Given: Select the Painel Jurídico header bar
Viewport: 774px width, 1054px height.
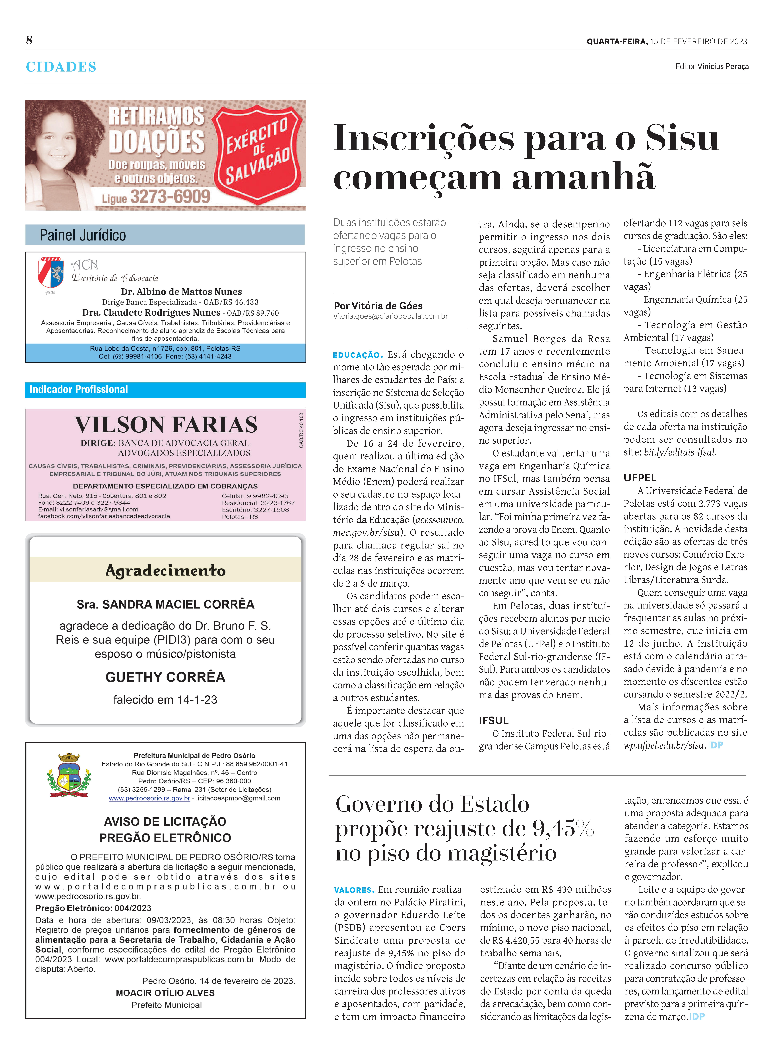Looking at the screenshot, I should pyautogui.click(x=165, y=235).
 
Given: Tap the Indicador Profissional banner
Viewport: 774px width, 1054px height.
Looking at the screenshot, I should pyautogui.click(x=165, y=390).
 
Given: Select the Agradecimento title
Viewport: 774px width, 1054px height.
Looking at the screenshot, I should pyautogui.click(x=165, y=570).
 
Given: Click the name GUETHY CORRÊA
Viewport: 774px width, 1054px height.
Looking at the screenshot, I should pyautogui.click(x=165, y=677).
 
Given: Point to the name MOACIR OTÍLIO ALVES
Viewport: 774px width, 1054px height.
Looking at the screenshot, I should pyautogui.click(x=165, y=993).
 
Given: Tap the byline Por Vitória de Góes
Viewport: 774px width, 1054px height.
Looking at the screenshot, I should pyautogui.click(x=378, y=306).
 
